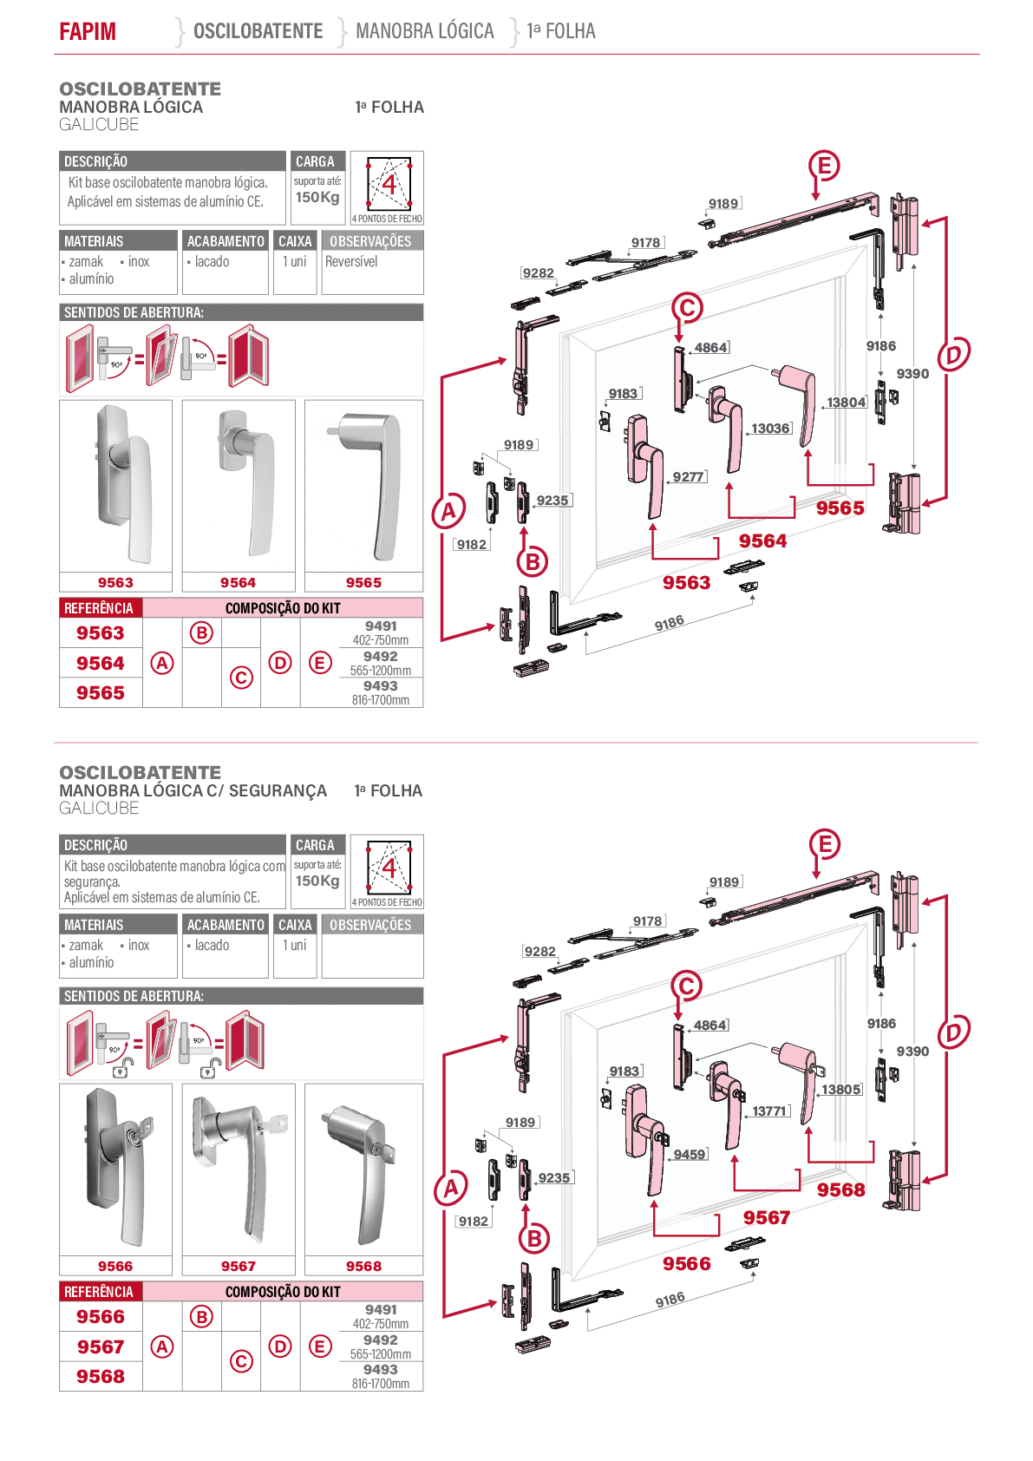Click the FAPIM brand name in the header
[x=88, y=31]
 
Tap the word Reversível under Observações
[x=351, y=261]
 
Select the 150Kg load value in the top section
[x=317, y=197]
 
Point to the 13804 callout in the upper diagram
[x=847, y=403]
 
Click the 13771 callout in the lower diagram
[x=769, y=1110]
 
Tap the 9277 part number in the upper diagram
[x=689, y=477]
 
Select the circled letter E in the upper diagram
[x=824, y=166]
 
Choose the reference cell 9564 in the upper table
[x=101, y=664]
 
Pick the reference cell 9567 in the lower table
[x=101, y=1346]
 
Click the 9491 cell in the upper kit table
[x=381, y=632]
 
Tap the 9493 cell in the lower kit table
[x=381, y=1376]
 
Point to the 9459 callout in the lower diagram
[x=690, y=1155]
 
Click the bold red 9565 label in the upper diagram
[x=840, y=508]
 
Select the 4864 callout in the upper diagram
[x=711, y=348]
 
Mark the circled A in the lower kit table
[x=161, y=1346]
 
